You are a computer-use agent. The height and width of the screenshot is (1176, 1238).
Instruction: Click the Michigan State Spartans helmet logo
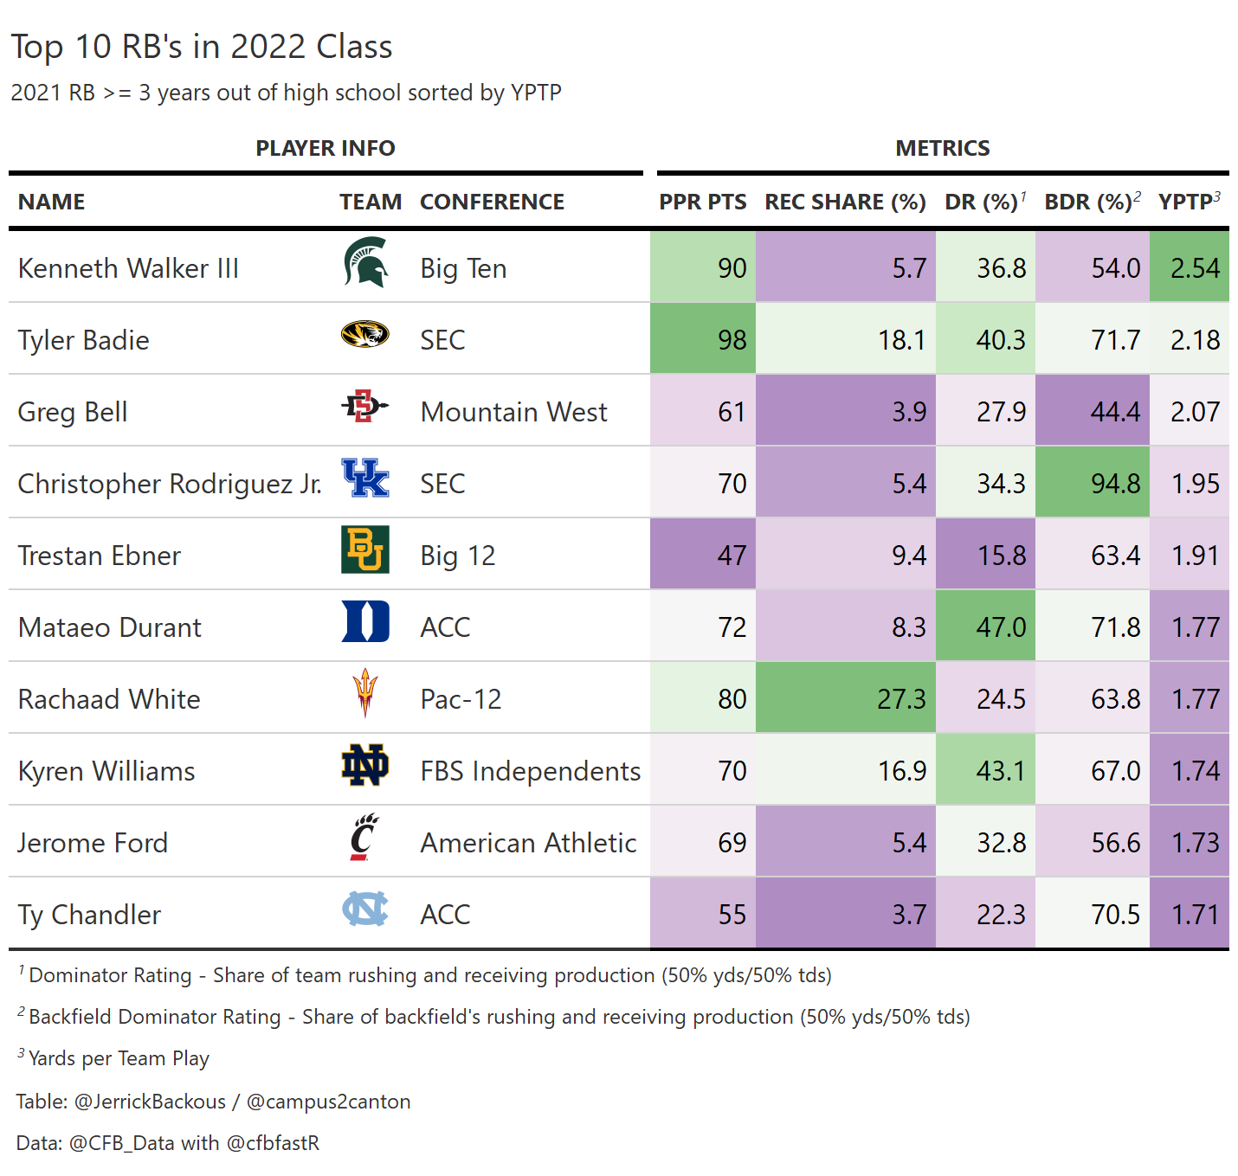(x=365, y=262)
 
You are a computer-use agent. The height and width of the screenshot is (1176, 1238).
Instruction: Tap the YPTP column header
(x=1189, y=202)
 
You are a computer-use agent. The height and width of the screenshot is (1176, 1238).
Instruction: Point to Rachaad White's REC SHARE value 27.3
(x=901, y=699)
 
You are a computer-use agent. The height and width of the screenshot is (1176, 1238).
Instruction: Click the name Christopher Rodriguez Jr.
(x=170, y=484)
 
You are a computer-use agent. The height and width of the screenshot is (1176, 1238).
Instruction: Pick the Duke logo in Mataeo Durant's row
(x=365, y=621)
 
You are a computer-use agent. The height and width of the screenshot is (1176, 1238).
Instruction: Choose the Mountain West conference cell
(x=513, y=412)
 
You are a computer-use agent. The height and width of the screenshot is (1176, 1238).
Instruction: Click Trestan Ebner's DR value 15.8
(x=1001, y=556)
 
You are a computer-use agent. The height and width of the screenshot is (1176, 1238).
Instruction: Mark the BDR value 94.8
(x=1115, y=484)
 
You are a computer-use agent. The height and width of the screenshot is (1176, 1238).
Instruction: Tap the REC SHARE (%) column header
(x=845, y=202)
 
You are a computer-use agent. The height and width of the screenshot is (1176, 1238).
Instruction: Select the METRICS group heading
(x=942, y=148)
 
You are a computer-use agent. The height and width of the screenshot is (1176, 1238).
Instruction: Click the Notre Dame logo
(x=365, y=765)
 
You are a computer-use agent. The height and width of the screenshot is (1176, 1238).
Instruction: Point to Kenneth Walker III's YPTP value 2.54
(x=1195, y=268)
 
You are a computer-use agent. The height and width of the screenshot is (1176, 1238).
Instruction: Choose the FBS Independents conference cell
(x=530, y=771)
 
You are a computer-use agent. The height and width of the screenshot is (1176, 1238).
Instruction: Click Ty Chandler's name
(x=89, y=915)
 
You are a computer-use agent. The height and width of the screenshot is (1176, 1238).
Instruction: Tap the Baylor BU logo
(x=365, y=549)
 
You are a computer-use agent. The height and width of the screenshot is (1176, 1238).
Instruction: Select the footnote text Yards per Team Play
(x=119, y=1058)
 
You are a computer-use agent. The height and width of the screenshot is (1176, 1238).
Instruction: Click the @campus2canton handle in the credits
(x=328, y=1102)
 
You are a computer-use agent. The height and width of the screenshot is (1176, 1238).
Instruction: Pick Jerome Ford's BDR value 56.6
(x=1115, y=843)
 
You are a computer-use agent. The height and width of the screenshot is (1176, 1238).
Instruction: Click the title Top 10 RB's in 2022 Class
(x=202, y=47)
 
